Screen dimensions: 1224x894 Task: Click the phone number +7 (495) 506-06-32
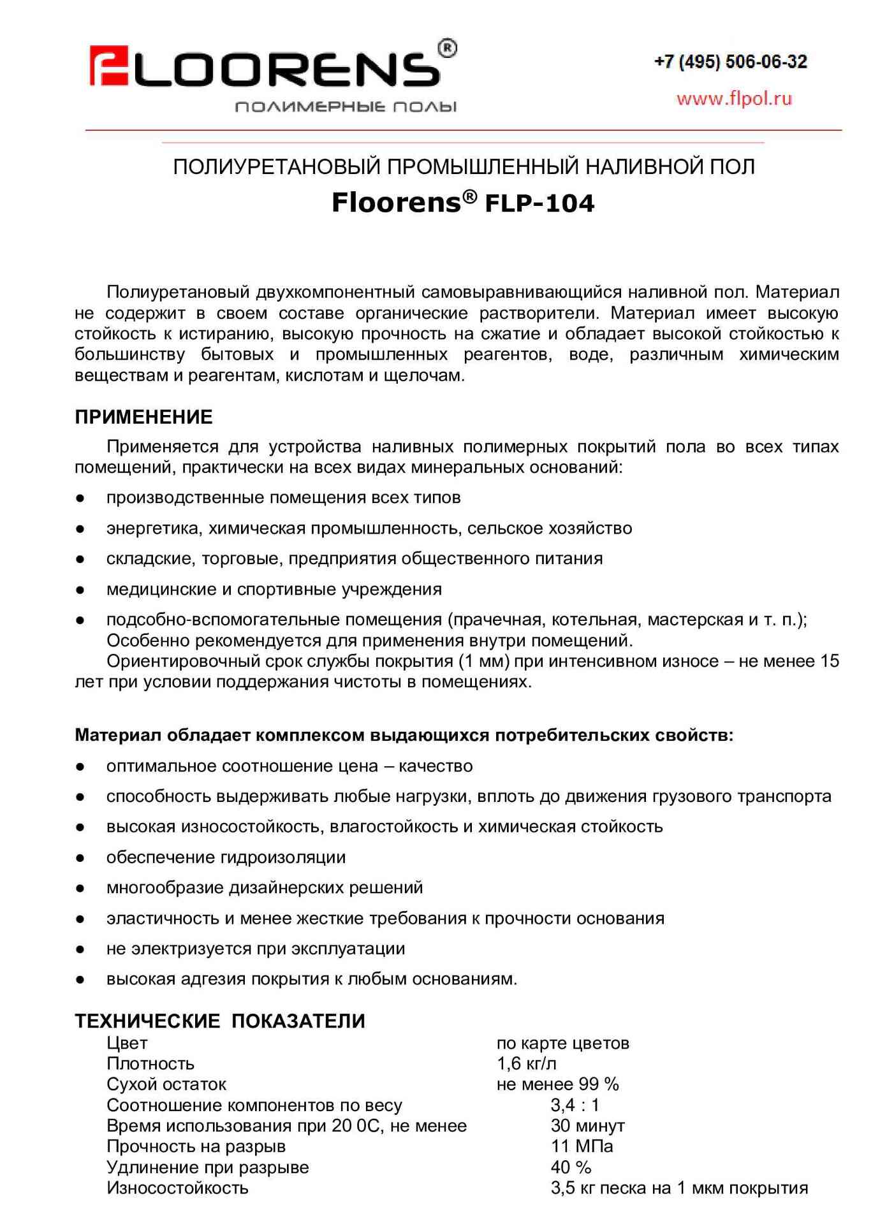coord(730,62)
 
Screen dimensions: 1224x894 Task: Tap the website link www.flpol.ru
coord(734,98)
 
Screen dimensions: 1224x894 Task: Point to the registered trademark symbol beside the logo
coord(448,48)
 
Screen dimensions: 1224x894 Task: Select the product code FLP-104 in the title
coord(539,203)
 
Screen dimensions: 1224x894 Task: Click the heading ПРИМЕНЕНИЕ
coord(143,417)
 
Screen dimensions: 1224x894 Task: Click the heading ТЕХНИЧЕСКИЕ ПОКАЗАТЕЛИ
coord(220,1021)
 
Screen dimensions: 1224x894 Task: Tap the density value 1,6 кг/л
coord(526,1063)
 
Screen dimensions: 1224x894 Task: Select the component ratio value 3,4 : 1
coord(575,1105)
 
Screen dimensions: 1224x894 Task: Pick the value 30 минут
coord(587,1125)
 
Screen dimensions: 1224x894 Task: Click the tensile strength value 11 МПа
coord(582,1146)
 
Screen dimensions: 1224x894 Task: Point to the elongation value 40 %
coord(571,1167)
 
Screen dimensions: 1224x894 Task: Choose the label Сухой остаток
coord(166,1084)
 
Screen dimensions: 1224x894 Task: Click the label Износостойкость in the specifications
coord(177,1188)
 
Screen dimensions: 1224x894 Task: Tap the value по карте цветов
coord(562,1043)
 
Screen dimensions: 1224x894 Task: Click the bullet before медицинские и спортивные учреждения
coord(80,590)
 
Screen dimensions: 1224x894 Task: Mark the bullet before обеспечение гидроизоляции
coord(80,857)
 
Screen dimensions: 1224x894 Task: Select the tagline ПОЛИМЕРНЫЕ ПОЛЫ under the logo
coord(346,106)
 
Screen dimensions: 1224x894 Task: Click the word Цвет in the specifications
coord(127,1043)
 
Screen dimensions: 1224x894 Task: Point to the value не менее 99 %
coord(557,1084)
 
